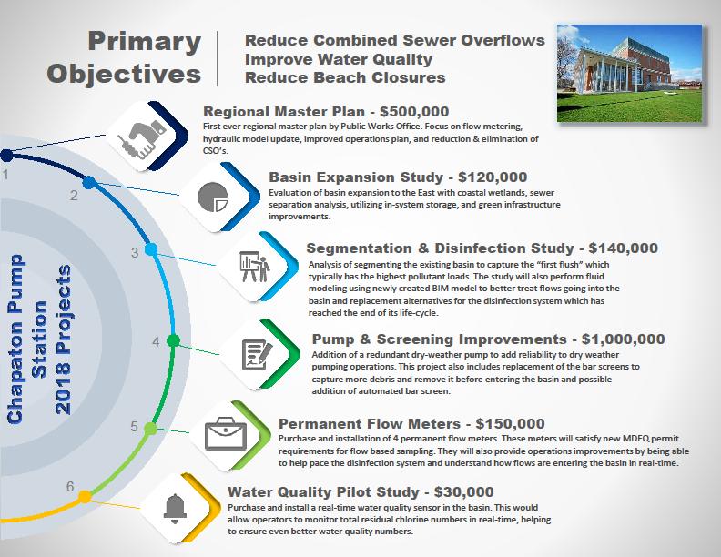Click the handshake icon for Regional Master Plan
pos(141,137)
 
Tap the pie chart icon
pos(213,197)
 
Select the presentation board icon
pos(254,267)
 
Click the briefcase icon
pos(226,433)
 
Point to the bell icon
pos(175,509)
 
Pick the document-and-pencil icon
pos(257,354)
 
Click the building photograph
pos(629,74)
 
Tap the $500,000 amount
pos(414,112)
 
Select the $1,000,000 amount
pos(623,339)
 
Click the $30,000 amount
pos(464,492)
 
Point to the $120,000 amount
pos(493,177)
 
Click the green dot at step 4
pos(173,340)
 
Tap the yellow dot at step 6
pos(85,497)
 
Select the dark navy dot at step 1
pos(6,156)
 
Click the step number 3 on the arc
pos(134,252)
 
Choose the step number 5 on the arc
pos(134,427)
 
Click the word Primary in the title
pos(145,42)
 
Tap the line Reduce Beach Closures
pos(345,77)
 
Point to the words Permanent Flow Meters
pos(370,424)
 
